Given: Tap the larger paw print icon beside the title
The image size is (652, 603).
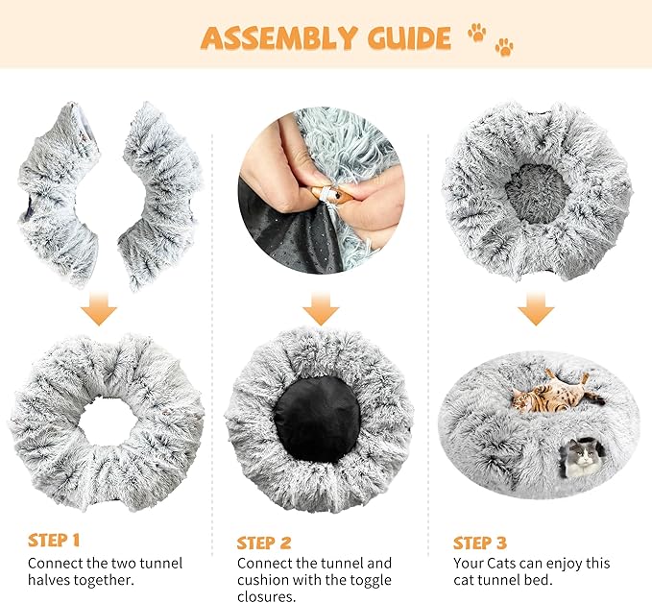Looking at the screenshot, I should click(476, 33).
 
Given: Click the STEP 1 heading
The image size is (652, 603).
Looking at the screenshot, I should click(55, 540).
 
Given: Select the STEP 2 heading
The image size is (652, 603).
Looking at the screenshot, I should click(265, 540).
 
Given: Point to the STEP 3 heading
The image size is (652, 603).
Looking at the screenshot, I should click(480, 542).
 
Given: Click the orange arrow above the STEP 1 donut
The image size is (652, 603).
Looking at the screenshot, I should click(99, 309).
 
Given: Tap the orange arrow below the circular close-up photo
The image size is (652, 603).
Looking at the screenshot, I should click(321, 309).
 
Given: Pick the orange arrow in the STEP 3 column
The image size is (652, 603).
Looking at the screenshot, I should click(537, 309).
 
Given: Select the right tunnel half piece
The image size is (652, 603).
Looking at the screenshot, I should click(158, 192).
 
